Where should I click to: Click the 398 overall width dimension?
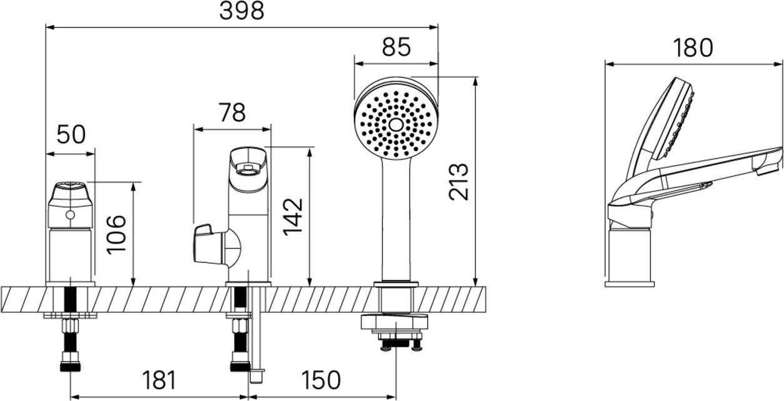coord(241,11)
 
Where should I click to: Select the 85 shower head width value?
coord(396,47)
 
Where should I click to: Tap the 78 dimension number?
coord(232,112)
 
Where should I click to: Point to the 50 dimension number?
coord(71,134)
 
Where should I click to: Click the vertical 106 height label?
coord(116,235)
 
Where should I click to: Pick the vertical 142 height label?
coord(293,217)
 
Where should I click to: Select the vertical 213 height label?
coord(458,182)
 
